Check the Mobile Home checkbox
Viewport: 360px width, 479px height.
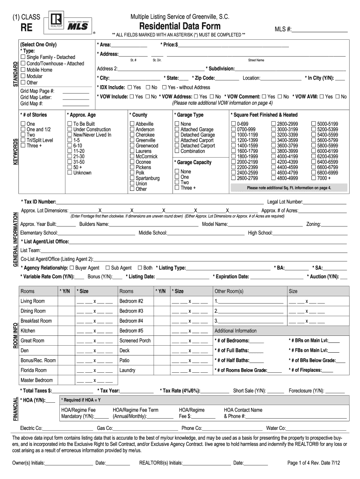point(23,70)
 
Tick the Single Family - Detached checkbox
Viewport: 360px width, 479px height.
point(23,57)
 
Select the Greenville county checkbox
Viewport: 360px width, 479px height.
point(132,140)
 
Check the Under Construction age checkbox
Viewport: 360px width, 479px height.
point(70,130)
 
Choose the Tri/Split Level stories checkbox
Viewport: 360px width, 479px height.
point(23,140)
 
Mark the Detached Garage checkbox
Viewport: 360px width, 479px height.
point(177,135)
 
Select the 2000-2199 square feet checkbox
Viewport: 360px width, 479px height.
point(233,162)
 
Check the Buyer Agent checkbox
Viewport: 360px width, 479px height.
point(72,268)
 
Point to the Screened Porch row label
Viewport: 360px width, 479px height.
point(135,341)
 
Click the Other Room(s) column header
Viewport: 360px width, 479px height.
point(229,291)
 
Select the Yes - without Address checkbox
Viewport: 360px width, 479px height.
point(164,87)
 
